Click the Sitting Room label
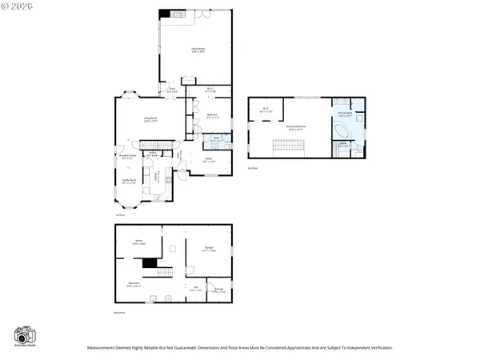(195, 50)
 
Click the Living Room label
(150, 120)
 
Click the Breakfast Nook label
(126, 157)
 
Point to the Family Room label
(128, 182)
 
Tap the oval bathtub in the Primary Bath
(342, 130)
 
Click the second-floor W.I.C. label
(266, 110)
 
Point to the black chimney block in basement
(150, 262)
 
